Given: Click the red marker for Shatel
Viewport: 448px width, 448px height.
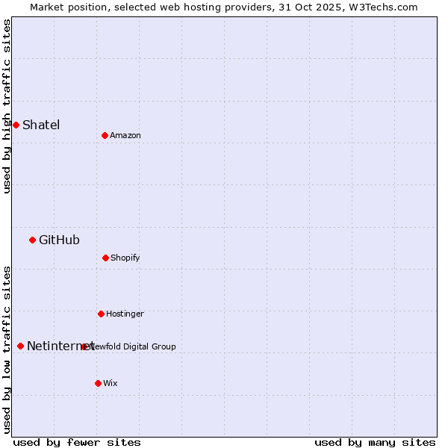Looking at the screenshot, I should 16,125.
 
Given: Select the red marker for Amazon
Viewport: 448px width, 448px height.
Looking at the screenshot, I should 105,135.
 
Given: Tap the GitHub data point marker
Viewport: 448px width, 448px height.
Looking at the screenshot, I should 32,240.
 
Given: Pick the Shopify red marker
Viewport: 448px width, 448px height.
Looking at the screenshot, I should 105,258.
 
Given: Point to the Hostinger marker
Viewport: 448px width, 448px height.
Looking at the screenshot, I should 101,314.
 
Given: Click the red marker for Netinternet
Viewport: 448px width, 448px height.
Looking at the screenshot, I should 20,346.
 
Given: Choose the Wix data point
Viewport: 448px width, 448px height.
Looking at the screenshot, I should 98,383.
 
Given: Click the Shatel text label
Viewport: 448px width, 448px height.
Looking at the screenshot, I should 41,125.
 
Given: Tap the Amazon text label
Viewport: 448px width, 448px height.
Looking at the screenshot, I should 125,135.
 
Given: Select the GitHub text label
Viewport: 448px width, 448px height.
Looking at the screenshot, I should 59,240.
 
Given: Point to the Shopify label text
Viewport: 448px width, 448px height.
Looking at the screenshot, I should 125,258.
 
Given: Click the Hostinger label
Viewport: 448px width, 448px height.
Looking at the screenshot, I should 125,314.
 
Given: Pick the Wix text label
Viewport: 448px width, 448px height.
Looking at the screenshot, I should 111,383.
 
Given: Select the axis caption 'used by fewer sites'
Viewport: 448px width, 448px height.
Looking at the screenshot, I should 77,442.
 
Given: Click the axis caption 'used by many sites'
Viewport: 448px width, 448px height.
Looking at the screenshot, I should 375,442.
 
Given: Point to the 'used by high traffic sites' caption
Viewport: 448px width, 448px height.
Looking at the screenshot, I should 7,106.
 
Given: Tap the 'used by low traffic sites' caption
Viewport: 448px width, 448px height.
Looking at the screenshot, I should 7,349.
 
